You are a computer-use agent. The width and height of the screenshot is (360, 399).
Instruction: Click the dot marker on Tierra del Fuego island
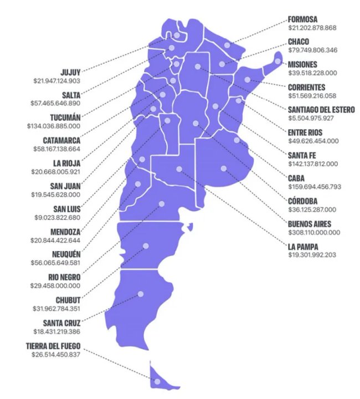pyautogui.click(x=157, y=382)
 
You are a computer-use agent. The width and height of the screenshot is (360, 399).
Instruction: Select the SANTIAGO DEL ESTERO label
pyautogui.click(x=322, y=110)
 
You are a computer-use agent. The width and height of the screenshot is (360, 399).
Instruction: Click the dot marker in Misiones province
pyautogui.click(x=277, y=61)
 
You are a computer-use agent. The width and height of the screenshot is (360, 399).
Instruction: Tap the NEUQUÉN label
pyautogui.click(x=64, y=255)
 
